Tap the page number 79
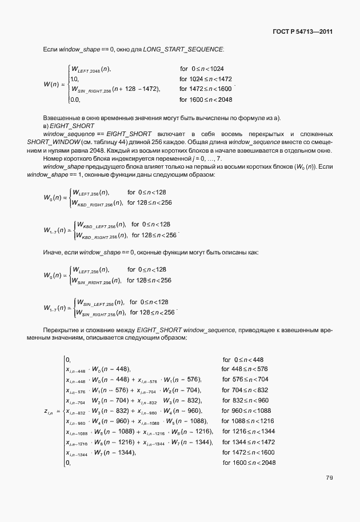[x=329, y=478]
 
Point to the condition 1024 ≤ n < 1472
[x=206, y=79]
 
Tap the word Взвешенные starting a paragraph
[x=61, y=118]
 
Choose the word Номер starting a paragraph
[x=53, y=157]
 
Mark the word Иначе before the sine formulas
[x=53, y=252]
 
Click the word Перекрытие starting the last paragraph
[x=64, y=330]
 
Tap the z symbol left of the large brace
[x=48, y=411]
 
